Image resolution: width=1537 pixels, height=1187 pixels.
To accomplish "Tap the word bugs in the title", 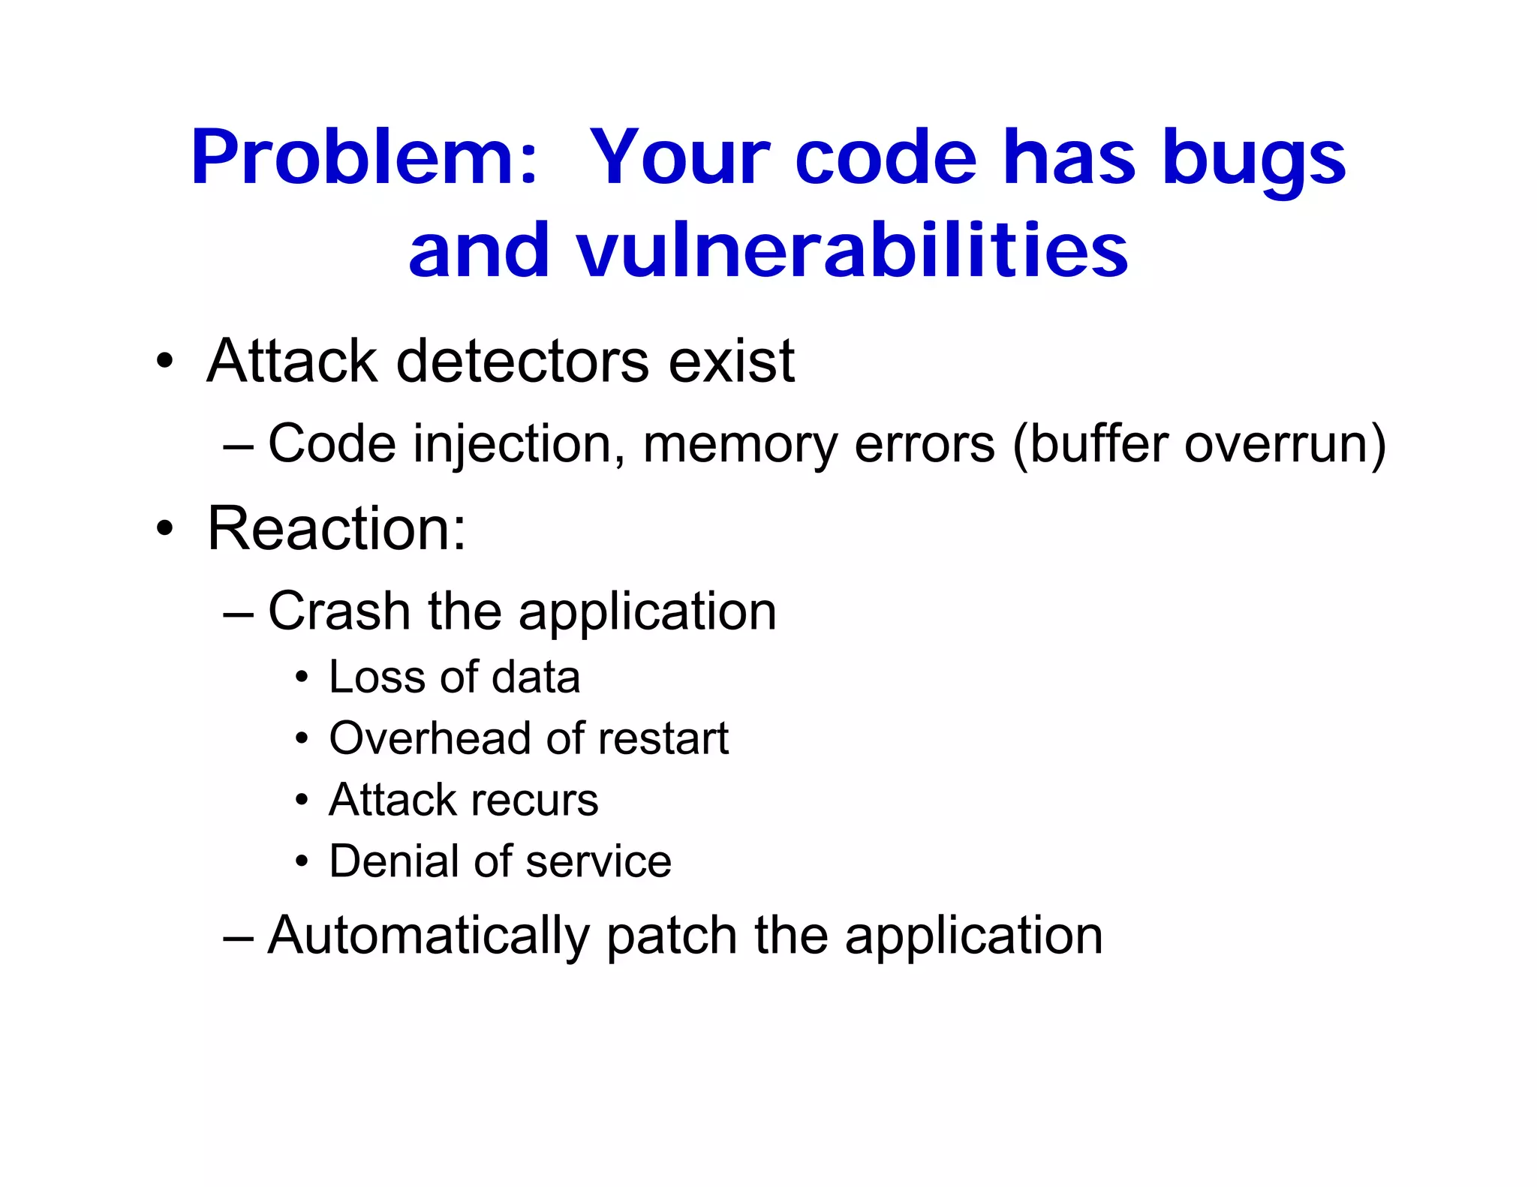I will pyautogui.click(x=1253, y=161).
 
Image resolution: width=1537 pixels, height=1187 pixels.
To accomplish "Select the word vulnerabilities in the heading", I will pyautogui.click(x=852, y=251).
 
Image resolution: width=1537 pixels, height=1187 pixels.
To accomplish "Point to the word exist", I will pyautogui.click(x=731, y=362).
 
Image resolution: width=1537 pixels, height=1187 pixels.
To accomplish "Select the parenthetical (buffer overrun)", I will pyautogui.click(x=1199, y=444).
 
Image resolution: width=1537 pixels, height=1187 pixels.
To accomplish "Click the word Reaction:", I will pyautogui.click(x=336, y=528).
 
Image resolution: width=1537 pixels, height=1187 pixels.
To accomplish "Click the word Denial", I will pyautogui.click(x=395, y=861).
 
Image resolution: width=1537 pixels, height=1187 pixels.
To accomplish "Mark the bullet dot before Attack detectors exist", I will pyautogui.click(x=164, y=362).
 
